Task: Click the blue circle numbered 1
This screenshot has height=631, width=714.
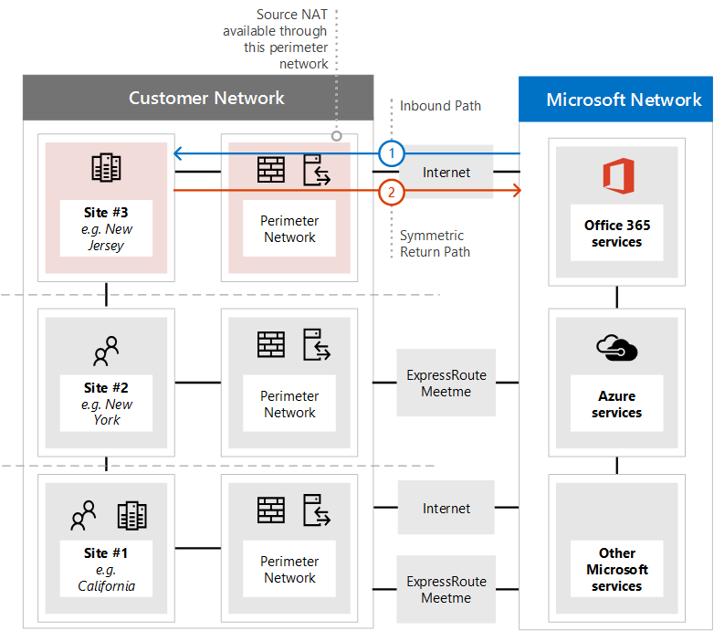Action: [x=392, y=153]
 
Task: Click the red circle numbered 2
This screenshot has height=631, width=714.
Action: [x=392, y=191]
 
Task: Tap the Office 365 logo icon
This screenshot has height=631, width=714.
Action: [x=617, y=175]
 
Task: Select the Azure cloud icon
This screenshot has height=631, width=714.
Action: [x=616, y=348]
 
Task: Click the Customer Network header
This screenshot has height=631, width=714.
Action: [x=206, y=99]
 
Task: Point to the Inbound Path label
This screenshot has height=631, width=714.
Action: [x=440, y=106]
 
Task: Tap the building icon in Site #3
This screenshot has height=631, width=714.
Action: [x=107, y=168]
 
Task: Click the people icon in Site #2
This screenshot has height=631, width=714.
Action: [x=107, y=350]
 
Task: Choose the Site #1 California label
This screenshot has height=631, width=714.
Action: [x=106, y=569]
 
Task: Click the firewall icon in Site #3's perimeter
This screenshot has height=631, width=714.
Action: [x=271, y=170]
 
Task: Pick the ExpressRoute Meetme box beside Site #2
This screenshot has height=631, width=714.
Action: [x=446, y=383]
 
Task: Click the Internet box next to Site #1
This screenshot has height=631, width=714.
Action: [x=446, y=509]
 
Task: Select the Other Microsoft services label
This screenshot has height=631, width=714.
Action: [x=617, y=569]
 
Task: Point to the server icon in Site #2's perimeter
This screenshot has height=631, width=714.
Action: [x=317, y=345]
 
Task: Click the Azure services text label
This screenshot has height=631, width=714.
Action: [x=617, y=405]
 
